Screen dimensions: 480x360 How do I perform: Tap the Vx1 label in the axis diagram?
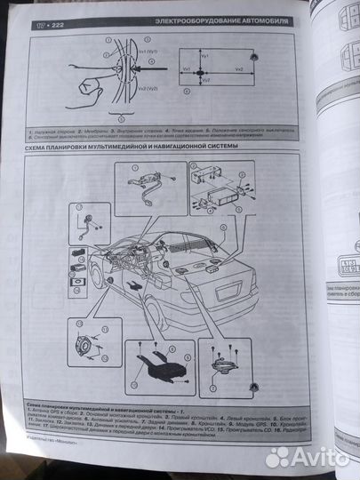[188, 68]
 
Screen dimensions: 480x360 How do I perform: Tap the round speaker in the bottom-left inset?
[90, 347]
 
